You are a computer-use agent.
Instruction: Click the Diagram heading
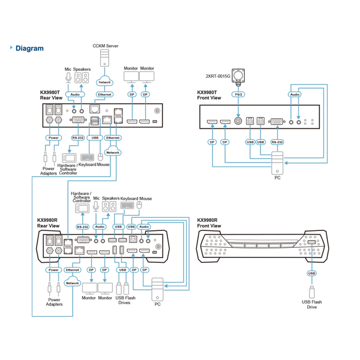coord(29,49)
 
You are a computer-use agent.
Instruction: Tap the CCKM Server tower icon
coord(104,58)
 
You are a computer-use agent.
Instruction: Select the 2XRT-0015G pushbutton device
coord(238,76)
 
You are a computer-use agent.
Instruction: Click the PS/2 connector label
coord(238,94)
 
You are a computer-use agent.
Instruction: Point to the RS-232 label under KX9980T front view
coord(277,142)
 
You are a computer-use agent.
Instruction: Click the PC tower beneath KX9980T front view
coord(277,163)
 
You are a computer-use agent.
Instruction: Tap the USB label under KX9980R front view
coord(311,273)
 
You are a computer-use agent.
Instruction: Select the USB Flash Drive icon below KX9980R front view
coord(311,292)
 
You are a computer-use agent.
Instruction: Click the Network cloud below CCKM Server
coord(104,81)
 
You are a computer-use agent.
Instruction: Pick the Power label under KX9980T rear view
coord(53,138)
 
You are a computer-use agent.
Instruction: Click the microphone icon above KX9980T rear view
coord(68,77)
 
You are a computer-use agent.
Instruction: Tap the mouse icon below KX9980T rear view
coord(100,157)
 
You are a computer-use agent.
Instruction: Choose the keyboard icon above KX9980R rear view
coord(127,205)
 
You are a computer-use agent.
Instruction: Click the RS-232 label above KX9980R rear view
coord(82,227)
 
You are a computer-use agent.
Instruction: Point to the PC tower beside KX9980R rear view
coord(157,290)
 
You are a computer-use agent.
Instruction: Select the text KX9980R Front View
coord(209,223)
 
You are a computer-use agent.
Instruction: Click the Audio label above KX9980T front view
coord(295,94)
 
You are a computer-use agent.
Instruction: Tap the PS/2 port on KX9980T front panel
coord(238,121)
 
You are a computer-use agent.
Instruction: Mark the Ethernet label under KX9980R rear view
coord(73,270)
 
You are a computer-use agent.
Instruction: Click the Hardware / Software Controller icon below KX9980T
coord(69,158)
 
